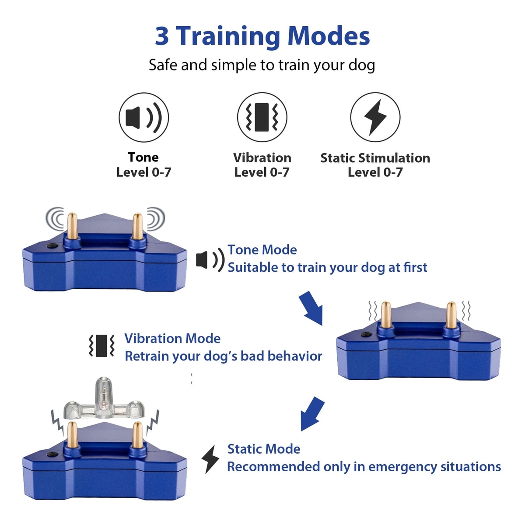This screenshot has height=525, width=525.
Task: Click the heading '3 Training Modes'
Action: point(262,36)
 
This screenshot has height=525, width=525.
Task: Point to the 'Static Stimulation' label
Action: point(375,158)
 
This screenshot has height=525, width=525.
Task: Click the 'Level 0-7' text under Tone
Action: point(143,172)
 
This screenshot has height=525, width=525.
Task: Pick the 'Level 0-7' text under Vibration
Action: point(262,172)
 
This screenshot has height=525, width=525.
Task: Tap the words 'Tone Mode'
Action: point(262,250)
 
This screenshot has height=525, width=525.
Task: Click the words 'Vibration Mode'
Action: point(172,339)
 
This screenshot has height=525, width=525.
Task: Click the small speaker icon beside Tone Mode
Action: point(210,260)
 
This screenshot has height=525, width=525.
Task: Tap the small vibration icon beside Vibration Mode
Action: point(101,346)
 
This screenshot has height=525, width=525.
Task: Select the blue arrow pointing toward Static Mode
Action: point(312,413)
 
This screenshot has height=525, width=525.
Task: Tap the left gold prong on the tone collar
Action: point(72,226)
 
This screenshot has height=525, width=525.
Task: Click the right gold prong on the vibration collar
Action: point(451,315)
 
